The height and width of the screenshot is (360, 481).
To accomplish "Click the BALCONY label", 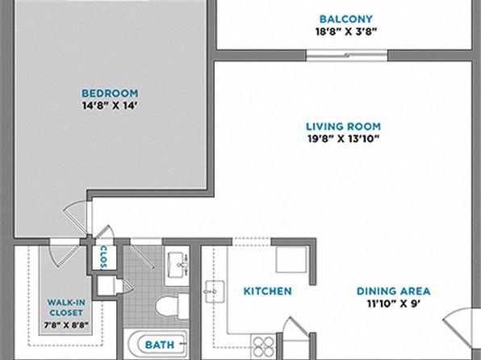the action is pyautogui.click(x=345, y=19).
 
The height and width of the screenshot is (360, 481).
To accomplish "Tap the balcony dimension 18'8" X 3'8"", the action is pyautogui.click(x=346, y=31).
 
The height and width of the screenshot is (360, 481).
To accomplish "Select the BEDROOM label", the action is pyautogui.click(x=110, y=94).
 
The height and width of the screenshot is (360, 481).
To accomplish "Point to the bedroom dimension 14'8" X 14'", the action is pyautogui.click(x=110, y=106).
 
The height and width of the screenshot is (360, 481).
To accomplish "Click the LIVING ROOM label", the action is pyautogui.click(x=344, y=127).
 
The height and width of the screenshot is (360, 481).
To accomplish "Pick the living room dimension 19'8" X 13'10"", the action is pyautogui.click(x=344, y=139).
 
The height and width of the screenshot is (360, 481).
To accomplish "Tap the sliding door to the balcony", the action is pyautogui.click(x=347, y=56).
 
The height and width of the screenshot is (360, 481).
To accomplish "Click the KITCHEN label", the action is pyautogui.click(x=267, y=291).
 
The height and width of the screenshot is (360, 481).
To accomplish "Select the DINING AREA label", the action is pyautogui.click(x=394, y=291).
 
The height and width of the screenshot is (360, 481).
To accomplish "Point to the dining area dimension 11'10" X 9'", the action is pyautogui.click(x=394, y=303).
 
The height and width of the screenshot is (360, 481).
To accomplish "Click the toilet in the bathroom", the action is pyautogui.click(x=173, y=306).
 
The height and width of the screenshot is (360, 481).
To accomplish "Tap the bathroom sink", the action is pyautogui.click(x=177, y=266).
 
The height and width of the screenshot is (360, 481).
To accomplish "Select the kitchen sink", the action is pyautogui.click(x=215, y=291).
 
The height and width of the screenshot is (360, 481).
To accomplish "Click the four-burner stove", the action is pyautogui.click(x=264, y=346).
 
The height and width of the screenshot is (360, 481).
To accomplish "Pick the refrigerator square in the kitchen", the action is pyautogui.click(x=291, y=259).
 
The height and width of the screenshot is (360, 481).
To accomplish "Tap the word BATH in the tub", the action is pyautogui.click(x=160, y=345).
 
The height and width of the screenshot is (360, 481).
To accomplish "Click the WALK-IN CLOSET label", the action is pyautogui.click(x=66, y=308).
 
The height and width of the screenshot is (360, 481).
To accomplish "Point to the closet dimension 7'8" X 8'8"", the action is pyautogui.click(x=66, y=324).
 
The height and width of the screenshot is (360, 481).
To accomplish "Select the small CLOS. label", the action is pyautogui.click(x=103, y=257).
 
